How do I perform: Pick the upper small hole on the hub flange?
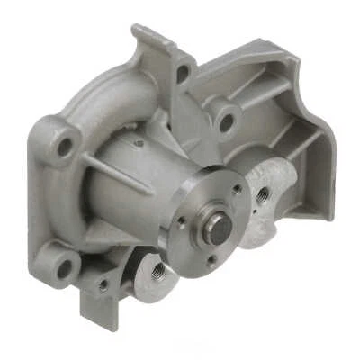pos(236,189)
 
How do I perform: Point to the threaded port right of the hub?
pos(261,193)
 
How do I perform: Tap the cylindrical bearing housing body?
pos(135,189)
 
